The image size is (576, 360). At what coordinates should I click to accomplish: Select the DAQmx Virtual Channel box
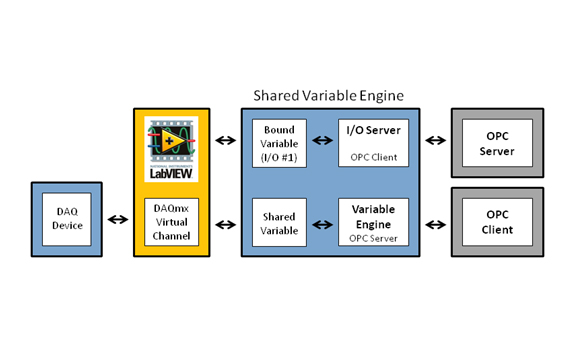(172, 222)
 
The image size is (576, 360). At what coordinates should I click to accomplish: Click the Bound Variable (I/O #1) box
(280, 145)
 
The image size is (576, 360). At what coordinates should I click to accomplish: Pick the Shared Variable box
(280, 222)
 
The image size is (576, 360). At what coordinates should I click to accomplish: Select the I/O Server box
(372, 145)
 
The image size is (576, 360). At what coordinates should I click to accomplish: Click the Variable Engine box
(372, 222)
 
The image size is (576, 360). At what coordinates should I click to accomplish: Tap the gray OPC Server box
(499, 145)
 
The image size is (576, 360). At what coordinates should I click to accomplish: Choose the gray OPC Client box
(499, 222)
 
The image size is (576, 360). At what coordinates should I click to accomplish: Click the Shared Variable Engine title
(329, 97)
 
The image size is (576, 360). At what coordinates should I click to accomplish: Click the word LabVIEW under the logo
(171, 171)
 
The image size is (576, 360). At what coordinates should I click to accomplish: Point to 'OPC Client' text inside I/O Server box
(372, 158)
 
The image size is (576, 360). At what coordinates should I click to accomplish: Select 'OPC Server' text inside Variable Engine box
(372, 238)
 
